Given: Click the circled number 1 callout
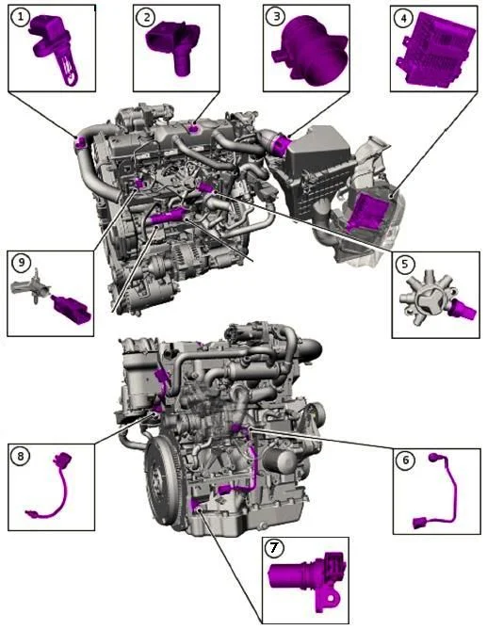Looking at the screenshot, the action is tap(20, 18).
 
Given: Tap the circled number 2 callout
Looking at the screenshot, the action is tap(146, 17).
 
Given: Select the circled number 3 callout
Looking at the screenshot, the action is tap(276, 16).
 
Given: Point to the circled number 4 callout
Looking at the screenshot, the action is tap(403, 17).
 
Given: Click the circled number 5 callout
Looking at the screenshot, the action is tap(405, 264).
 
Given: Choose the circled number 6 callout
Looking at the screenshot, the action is tap(405, 460).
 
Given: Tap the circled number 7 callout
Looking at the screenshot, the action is tap(274, 548).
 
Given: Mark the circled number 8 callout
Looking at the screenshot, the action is tap(21, 456).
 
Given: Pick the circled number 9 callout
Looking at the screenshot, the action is tap(22, 263).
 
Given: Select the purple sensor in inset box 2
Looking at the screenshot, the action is tap(173, 44).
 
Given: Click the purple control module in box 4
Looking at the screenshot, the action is tap(434, 50).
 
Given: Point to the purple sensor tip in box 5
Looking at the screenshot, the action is tap(465, 310).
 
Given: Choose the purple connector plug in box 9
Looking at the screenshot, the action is tap(72, 310).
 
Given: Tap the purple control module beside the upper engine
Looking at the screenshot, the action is tap(367, 211).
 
